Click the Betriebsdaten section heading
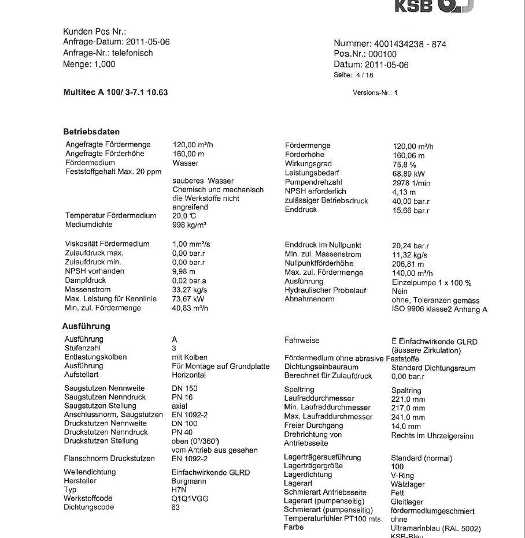click(x=91, y=132)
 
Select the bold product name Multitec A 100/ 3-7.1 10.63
click(x=115, y=92)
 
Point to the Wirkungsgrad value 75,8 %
click(x=405, y=165)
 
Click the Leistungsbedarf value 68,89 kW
click(x=409, y=174)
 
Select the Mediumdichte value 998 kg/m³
click(x=190, y=225)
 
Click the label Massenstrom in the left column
click(x=87, y=290)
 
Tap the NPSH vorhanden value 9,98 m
click(x=184, y=271)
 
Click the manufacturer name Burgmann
click(x=188, y=481)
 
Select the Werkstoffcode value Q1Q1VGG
click(x=190, y=498)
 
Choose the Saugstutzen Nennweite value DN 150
click(x=184, y=388)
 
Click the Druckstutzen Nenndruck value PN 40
click(x=183, y=432)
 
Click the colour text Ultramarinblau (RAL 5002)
click(x=435, y=528)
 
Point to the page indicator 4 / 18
click(x=364, y=75)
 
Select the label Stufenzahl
click(x=82, y=348)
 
